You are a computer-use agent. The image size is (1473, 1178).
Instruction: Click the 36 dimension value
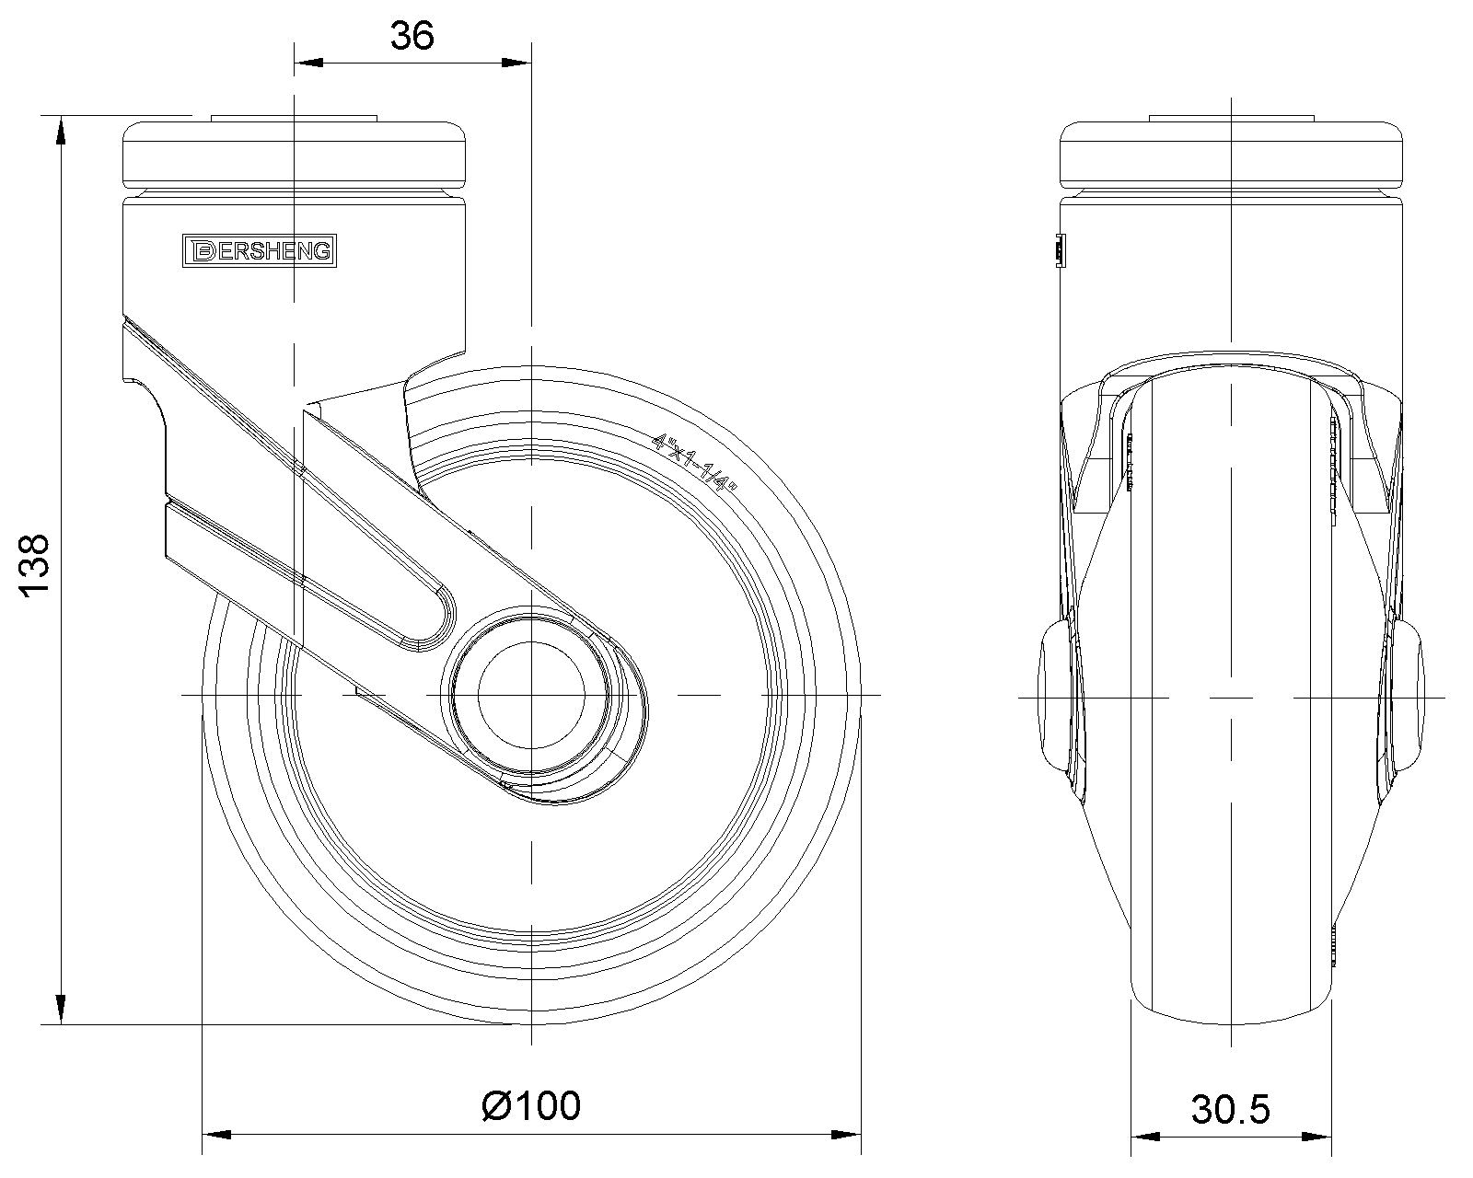(412, 36)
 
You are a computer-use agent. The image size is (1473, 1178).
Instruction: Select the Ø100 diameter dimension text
(531, 1105)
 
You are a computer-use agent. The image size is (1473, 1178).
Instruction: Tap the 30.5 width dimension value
(1231, 1110)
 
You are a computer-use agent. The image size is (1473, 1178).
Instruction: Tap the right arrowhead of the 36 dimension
(516, 63)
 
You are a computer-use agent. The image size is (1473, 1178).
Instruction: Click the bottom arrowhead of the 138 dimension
(61, 1010)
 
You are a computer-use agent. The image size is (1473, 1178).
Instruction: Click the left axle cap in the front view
(1055, 696)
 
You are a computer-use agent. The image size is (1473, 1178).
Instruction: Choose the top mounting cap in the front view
(1231, 153)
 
